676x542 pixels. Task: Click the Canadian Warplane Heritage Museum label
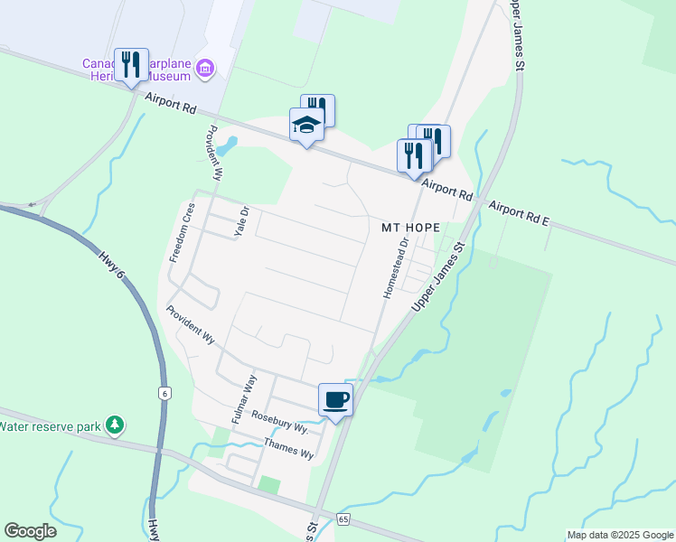click(136, 70)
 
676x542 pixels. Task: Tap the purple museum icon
click(206, 69)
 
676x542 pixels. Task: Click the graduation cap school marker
click(306, 126)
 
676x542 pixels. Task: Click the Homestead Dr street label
click(395, 268)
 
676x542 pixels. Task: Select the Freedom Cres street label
click(183, 233)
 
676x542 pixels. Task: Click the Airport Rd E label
click(519, 213)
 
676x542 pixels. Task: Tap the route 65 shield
click(343, 519)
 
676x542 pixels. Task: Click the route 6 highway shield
click(164, 393)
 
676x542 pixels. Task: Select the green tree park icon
click(114, 424)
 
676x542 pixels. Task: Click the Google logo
click(30, 531)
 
